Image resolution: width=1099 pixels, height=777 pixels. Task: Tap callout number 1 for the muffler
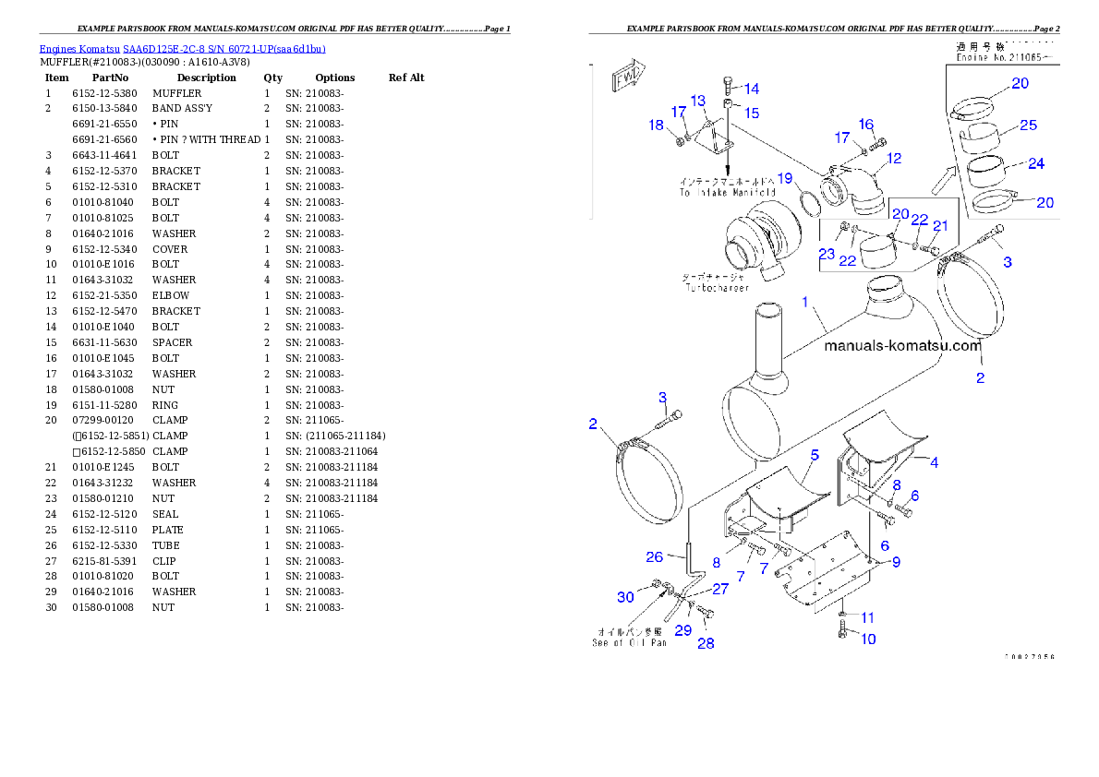(x=805, y=302)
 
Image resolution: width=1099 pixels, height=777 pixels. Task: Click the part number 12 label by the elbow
(x=893, y=158)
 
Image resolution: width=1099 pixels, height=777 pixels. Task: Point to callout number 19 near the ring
(x=785, y=177)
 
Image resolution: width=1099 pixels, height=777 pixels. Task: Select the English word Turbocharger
(x=718, y=288)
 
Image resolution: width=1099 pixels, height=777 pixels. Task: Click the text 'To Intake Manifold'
(x=728, y=193)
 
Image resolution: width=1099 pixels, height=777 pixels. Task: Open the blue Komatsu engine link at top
(x=182, y=48)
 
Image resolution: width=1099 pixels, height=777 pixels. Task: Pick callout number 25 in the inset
(x=1028, y=125)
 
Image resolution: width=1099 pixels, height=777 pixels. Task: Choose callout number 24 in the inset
(x=1035, y=163)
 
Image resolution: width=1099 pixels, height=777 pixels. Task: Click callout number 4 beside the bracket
(x=934, y=462)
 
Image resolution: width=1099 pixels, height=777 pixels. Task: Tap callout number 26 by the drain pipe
(x=654, y=556)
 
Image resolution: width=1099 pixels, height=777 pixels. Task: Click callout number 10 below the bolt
(x=868, y=639)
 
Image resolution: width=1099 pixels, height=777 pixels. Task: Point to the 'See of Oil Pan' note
(x=629, y=642)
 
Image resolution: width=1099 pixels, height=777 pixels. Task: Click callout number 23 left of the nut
(x=826, y=253)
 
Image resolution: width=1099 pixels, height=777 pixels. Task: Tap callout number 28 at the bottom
(x=705, y=643)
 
